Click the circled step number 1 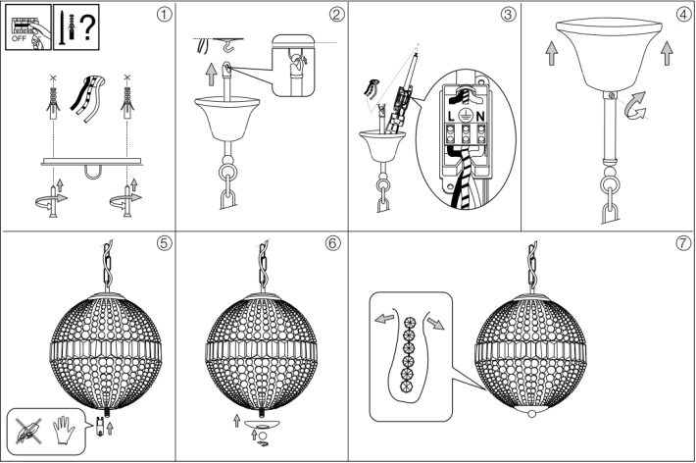coord(164,15)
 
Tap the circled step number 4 coord(683,15)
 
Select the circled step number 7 coord(683,243)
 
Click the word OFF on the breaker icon coord(19,38)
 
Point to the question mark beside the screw coord(87,27)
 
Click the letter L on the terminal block coord(451,117)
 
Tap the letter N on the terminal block coord(480,117)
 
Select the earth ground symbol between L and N coord(466,116)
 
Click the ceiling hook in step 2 coord(230,46)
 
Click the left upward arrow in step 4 coord(551,53)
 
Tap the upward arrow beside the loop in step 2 coord(212,75)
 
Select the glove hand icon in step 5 coord(64,430)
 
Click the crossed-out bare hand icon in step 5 coord(28,431)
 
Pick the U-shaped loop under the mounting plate coord(94,172)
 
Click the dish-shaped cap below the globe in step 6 coord(262,424)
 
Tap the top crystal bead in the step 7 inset coord(408,323)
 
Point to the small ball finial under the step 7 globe coord(531,415)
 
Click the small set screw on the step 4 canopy coord(612,95)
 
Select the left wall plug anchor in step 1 coord(53,104)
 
